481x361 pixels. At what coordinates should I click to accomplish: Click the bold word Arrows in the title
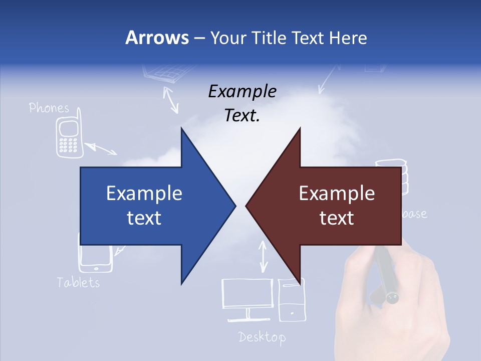[x=157, y=38]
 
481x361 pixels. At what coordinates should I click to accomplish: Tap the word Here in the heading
[x=348, y=38]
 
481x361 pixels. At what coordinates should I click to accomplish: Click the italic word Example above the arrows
[x=242, y=91]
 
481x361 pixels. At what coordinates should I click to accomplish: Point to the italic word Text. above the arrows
[x=242, y=115]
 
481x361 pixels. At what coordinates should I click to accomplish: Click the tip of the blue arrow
[x=234, y=206]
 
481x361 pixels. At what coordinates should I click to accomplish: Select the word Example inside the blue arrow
[x=144, y=194]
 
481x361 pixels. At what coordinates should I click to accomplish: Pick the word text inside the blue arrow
[x=144, y=218]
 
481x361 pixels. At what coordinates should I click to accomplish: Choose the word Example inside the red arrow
[x=337, y=194]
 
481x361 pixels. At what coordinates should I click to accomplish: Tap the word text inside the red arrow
[x=337, y=218]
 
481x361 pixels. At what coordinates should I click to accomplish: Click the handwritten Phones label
[x=49, y=107]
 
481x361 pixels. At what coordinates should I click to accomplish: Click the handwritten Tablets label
[x=78, y=282]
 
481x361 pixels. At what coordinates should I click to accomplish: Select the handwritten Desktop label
[x=262, y=337]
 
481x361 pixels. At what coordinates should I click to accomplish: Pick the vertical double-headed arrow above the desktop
[x=263, y=257]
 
